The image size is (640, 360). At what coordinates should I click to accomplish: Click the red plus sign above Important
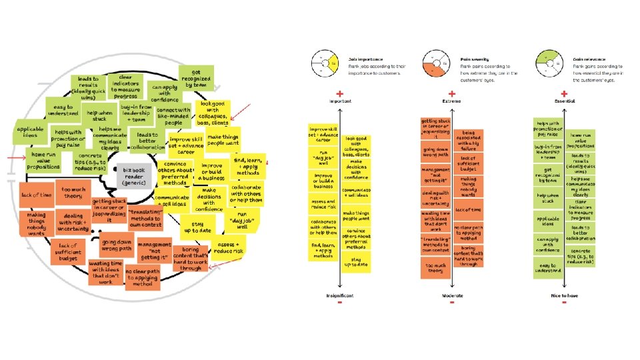pos(339,93)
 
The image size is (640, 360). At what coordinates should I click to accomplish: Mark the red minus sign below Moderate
pos(453,303)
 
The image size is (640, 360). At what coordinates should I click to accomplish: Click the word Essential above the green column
pos(564,101)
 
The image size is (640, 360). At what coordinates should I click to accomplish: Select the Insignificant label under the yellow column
pos(339,294)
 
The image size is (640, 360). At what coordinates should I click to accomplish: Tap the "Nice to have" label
pos(564,294)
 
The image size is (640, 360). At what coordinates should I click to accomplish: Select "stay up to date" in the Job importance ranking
pos(358,261)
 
